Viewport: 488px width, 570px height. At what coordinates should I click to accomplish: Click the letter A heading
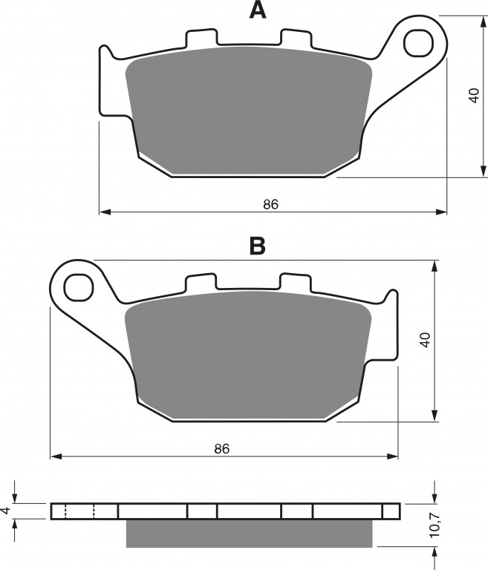(258, 10)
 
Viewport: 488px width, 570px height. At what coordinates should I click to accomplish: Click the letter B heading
(258, 246)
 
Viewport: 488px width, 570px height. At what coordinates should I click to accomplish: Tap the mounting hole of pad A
(419, 44)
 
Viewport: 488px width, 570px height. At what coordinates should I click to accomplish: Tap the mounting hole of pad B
(79, 287)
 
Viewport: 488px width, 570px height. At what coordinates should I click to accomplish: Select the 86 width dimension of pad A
(271, 204)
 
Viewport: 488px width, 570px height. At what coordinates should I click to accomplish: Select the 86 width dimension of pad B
(222, 449)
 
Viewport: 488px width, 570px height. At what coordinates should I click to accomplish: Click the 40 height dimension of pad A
(474, 96)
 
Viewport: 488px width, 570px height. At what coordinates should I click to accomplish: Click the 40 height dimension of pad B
(425, 340)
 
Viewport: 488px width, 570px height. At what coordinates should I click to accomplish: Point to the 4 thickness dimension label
(5, 511)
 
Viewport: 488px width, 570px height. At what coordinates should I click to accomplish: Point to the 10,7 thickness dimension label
(435, 525)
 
